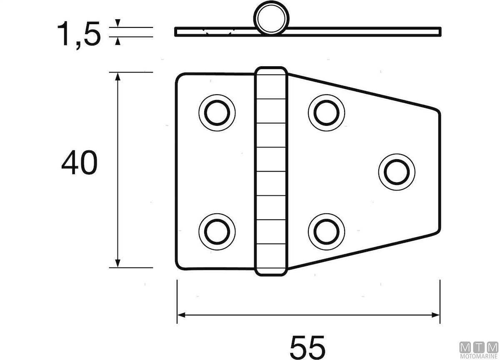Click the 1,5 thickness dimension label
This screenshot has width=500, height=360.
click(x=79, y=35)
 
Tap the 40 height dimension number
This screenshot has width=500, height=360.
click(x=79, y=162)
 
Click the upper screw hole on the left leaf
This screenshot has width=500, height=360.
click(x=217, y=113)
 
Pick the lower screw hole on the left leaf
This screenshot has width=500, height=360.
click(x=217, y=232)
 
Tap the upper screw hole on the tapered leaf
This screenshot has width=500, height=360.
click(x=326, y=113)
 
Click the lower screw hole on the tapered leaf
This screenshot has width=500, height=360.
click(x=326, y=232)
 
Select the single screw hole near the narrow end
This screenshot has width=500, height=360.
click(x=397, y=172)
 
